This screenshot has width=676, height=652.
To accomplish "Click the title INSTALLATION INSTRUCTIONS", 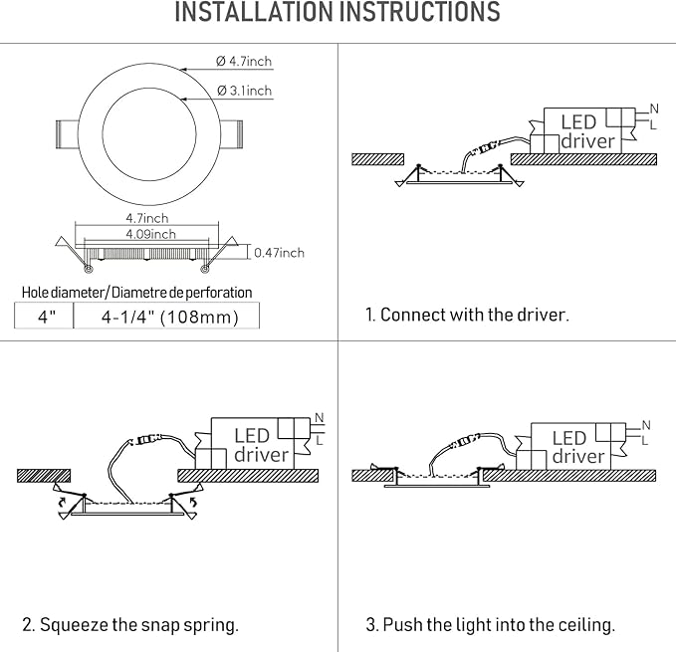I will click(338, 14).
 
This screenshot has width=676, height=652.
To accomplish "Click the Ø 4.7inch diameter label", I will click(244, 62).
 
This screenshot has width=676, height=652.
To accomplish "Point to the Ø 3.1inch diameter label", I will click(244, 91).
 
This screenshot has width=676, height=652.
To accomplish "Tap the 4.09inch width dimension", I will click(151, 234).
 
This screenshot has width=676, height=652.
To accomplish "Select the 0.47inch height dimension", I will click(279, 253).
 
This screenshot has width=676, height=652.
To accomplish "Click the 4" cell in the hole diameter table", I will click(45, 317).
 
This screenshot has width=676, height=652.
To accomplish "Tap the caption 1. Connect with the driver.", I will click(467, 315).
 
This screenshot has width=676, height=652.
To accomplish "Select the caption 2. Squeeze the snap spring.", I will click(130, 625).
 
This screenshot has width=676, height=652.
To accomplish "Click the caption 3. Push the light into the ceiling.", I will click(490, 625).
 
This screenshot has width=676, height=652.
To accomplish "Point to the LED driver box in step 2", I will click(253, 444).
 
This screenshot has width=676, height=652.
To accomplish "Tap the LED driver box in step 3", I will click(571, 446).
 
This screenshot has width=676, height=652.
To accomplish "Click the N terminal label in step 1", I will click(653, 108).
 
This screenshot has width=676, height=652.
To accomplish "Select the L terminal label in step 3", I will click(644, 440).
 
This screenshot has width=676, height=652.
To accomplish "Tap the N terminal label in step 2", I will click(319, 417).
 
